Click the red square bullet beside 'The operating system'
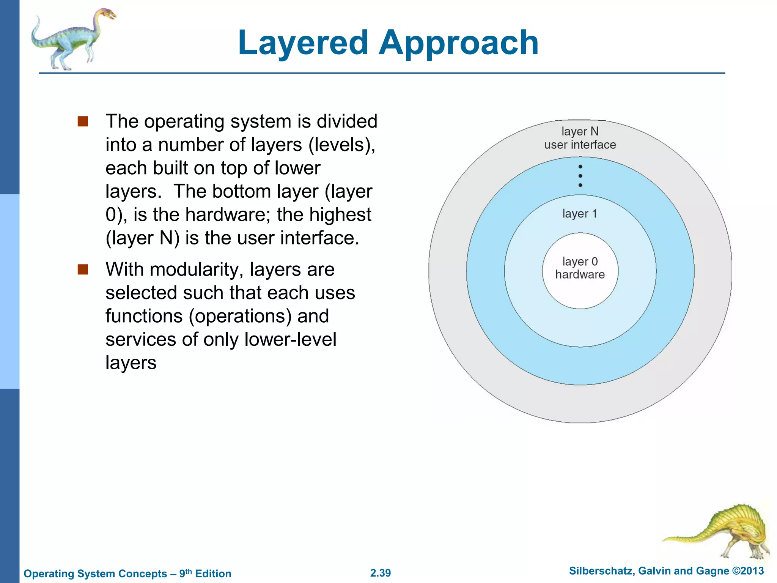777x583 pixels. point(83,121)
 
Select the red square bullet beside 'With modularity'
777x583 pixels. point(83,269)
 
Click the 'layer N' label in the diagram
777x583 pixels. point(580,131)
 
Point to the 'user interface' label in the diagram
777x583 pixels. point(580,145)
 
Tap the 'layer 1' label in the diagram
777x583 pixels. point(580,214)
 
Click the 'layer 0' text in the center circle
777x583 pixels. point(580,262)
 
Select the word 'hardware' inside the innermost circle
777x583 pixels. point(580,274)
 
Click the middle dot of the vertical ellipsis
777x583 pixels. point(580,176)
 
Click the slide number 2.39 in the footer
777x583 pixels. point(381,573)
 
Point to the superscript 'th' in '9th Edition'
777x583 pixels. point(188,570)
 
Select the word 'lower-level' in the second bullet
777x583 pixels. point(290,339)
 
